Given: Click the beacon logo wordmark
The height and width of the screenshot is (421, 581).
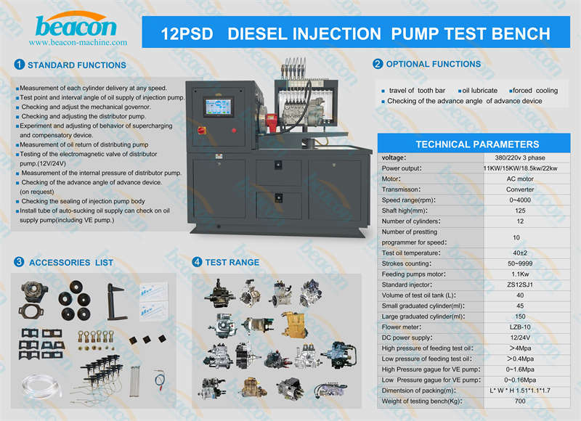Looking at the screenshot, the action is [76, 26].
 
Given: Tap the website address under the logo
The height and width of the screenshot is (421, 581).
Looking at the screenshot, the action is [78, 42].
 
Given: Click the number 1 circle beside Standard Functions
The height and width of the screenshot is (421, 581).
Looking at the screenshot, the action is [20, 65].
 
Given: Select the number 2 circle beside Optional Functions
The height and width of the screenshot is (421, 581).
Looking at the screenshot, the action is [378, 64].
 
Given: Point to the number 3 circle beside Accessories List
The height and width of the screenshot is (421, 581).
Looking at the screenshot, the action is [19, 262].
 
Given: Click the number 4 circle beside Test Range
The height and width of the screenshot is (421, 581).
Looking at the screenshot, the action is [197, 262].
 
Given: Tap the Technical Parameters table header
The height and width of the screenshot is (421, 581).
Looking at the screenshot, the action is [477, 144].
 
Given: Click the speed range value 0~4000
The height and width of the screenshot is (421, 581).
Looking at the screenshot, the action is [520, 200].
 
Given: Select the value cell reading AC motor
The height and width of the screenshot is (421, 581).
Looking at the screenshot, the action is [520, 179].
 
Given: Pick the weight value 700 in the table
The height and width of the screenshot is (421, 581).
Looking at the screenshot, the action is [520, 401].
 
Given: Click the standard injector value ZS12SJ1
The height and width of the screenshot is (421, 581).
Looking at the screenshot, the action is [520, 285].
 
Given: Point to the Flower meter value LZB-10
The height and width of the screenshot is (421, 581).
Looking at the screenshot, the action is [520, 327].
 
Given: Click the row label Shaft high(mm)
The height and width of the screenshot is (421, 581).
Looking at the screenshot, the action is [405, 210].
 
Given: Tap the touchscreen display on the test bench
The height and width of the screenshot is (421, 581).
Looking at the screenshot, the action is [219, 107].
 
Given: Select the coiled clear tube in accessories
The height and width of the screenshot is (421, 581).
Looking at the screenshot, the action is [41, 385].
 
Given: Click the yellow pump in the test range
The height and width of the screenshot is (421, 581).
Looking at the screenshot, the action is [294, 324].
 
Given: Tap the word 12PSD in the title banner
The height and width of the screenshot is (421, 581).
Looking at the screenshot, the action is [187, 33].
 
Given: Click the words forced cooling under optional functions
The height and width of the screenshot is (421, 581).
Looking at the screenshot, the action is [535, 90].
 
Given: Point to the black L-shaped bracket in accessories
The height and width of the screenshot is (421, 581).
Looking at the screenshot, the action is [116, 302].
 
